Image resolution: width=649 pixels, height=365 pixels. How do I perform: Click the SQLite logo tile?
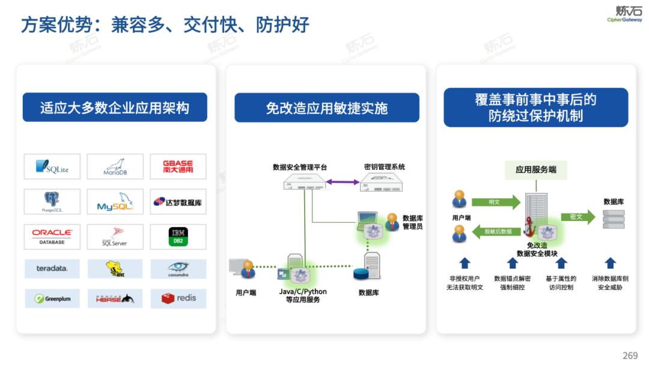[x=52, y=166]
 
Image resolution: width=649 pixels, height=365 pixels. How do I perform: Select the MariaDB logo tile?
[x=115, y=166]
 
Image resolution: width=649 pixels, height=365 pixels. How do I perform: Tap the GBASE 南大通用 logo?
[x=178, y=166]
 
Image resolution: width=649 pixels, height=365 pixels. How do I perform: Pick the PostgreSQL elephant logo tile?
[x=52, y=202]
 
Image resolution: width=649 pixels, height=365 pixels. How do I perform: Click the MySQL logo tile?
[x=115, y=202]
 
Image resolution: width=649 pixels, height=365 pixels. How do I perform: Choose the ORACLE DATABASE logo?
[x=52, y=237]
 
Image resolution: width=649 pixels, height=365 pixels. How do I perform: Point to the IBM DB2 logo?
[x=178, y=237]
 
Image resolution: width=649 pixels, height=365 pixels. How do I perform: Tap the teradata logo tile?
[x=52, y=268]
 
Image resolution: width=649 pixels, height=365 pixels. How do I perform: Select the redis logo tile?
[x=178, y=298]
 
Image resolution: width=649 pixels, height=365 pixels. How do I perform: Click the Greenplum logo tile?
[x=52, y=298]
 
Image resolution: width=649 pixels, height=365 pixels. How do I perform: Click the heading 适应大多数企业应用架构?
[x=115, y=107]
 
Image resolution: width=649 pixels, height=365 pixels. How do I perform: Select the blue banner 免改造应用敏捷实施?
[x=327, y=108]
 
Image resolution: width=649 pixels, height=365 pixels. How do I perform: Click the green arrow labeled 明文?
[x=496, y=202]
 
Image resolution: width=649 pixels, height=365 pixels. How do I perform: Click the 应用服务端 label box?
[x=536, y=170]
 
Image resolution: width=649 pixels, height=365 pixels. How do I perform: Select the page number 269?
[x=630, y=355]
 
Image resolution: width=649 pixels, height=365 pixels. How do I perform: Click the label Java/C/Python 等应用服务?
[x=303, y=295]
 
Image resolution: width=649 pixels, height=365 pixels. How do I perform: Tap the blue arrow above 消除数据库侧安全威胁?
[x=611, y=263]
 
